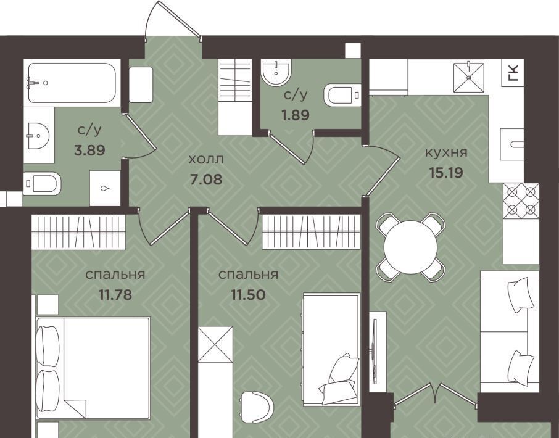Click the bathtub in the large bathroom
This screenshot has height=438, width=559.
(x=72, y=83)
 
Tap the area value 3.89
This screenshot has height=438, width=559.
(x=89, y=150)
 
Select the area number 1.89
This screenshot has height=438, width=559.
(x=296, y=115)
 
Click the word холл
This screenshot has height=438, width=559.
(x=206, y=159)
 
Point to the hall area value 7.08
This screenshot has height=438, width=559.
(x=206, y=179)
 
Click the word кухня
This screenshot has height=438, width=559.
(x=446, y=152)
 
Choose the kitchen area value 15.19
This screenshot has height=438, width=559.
(x=446, y=173)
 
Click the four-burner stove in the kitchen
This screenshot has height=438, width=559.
(x=521, y=200)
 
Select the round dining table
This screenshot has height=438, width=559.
(x=411, y=247)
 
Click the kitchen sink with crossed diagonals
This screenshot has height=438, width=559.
(x=468, y=76)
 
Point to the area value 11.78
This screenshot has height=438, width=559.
(x=115, y=295)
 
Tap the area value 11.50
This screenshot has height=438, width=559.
(x=248, y=295)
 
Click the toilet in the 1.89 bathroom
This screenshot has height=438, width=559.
(x=342, y=95)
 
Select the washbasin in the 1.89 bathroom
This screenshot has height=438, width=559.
(x=276, y=72)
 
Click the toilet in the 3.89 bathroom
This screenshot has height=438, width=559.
(x=42, y=183)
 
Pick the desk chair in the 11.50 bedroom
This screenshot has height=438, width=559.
(x=257, y=407)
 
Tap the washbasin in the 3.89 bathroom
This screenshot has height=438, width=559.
(x=37, y=136)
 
